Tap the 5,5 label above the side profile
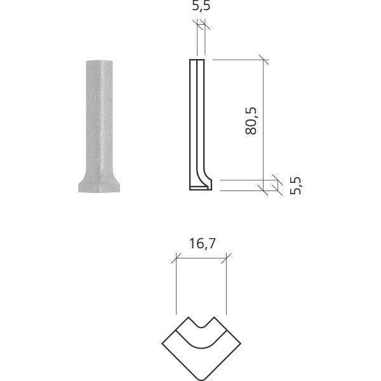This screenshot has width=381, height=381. tap(201, 7)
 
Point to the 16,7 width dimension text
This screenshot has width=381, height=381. tap(201, 243)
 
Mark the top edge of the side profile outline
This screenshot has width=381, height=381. tap(197, 60)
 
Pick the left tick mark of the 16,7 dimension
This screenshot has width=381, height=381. tap(175, 258)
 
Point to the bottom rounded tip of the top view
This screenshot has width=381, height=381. tap(201, 375)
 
